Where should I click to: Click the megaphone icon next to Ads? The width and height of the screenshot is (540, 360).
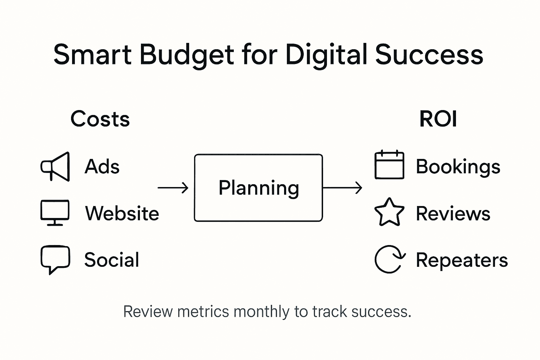tap(55, 167)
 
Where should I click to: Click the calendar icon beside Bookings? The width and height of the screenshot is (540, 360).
tap(389, 165)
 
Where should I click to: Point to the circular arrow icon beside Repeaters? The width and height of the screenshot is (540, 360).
tap(390, 259)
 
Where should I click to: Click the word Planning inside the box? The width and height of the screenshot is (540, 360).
tap(259, 188)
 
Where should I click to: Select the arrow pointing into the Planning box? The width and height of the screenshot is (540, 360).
tap(173, 188)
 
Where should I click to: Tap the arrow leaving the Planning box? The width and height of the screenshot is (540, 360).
tap(342, 188)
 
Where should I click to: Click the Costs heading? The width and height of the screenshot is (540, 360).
tap(100, 119)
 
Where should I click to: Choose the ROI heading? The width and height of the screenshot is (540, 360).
tap(438, 119)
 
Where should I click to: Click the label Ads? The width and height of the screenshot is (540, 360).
tap(102, 166)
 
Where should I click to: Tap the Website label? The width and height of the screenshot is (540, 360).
tap(122, 213)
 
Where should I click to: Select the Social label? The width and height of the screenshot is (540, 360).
tap(112, 260)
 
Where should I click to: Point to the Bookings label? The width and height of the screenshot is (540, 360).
tap(458, 167)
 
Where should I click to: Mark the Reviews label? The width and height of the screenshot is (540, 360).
tap(453, 213)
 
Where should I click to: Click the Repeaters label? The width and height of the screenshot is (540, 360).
tap(462, 260)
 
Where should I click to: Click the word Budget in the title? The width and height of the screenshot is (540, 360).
tap(187, 55)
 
